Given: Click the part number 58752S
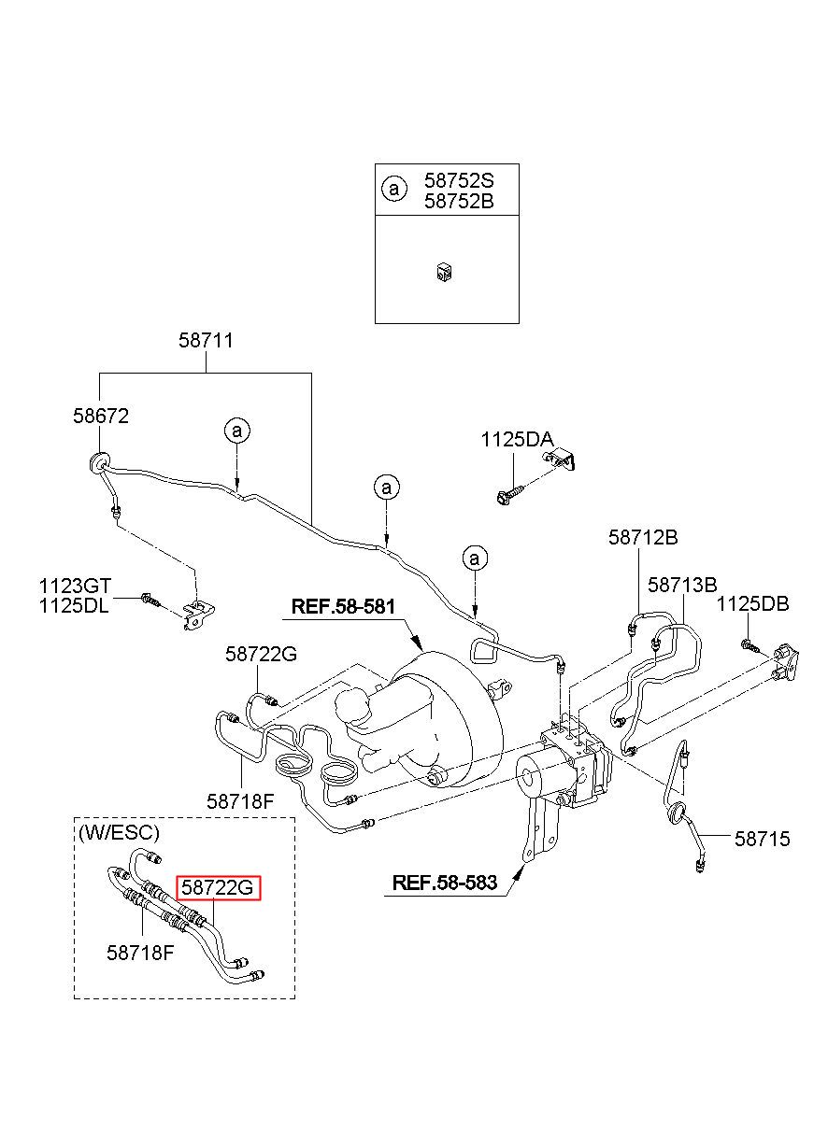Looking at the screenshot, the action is tap(459, 180).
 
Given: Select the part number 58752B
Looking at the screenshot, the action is tap(459, 202).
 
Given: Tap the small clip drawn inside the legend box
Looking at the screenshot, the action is tap(445, 273).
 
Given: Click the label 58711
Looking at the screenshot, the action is tap(207, 341).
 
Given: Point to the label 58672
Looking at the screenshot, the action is tap(101, 416).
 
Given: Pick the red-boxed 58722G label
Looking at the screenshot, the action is tap(218, 887).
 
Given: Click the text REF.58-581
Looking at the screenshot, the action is tap(344, 606).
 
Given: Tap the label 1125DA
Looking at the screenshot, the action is tap(517, 440).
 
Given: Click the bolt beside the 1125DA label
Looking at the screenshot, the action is tap(510, 495).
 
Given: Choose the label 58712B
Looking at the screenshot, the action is tap(643, 538).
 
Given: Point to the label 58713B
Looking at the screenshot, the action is tap(682, 586).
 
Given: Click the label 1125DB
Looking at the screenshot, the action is tap(752, 604).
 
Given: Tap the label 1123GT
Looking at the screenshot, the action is tap(76, 587).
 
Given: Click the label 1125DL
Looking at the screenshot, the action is tap(74, 606).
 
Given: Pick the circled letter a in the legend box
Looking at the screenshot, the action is tap(394, 189).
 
